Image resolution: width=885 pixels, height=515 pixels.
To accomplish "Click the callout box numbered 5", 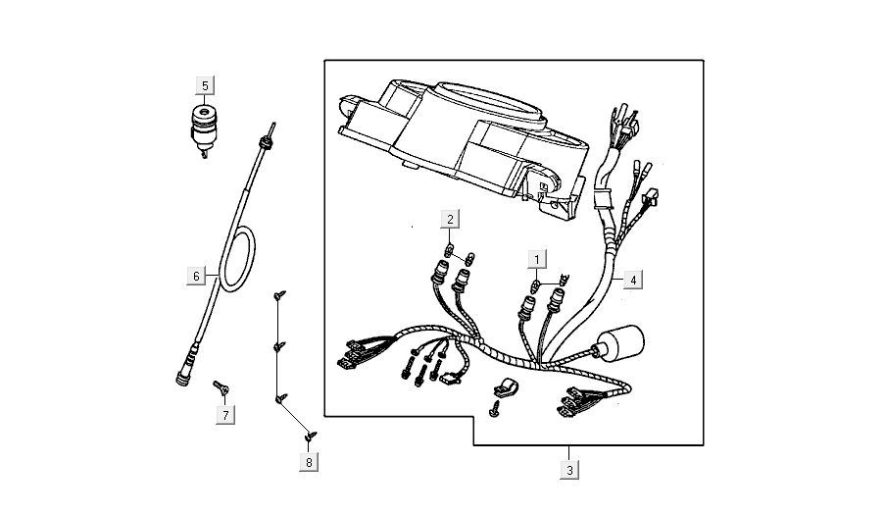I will (x=205, y=85).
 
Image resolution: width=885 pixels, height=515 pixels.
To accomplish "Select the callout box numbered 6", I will (x=196, y=277).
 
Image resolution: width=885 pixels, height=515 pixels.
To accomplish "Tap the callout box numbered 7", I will (x=225, y=415).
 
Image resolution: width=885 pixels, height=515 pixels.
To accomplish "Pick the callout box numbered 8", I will (x=309, y=460).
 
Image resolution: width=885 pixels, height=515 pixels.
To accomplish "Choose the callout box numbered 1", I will (x=536, y=259).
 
